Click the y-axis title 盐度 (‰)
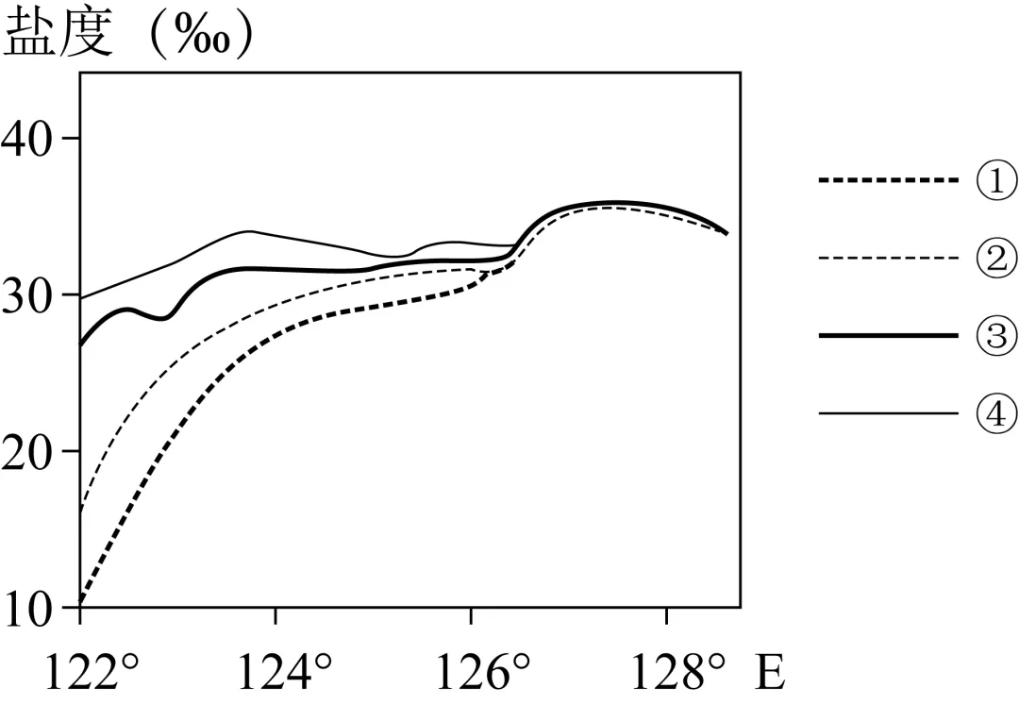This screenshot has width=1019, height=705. click(127, 33)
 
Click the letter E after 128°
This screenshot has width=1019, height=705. click(770, 673)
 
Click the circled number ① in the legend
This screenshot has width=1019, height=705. click(996, 180)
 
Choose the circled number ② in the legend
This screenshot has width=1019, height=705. click(996, 258)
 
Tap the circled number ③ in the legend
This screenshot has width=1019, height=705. click(996, 335)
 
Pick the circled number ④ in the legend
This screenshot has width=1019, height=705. click(996, 413)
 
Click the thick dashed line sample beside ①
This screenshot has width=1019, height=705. click(889, 180)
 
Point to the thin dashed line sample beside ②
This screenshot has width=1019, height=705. click(889, 258)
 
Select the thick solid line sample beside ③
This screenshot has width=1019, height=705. click(889, 335)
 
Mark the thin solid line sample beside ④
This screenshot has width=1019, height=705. click(889, 413)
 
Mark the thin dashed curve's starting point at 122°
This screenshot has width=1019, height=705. click(80, 511)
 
